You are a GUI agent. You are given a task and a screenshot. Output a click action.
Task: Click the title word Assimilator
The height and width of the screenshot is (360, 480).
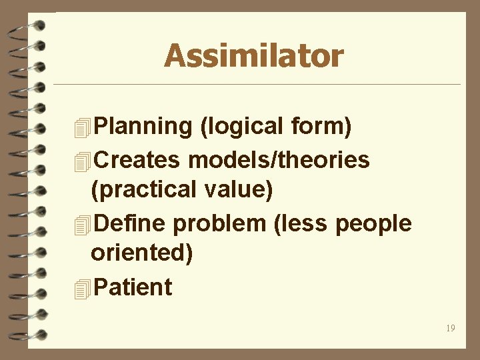click(x=253, y=55)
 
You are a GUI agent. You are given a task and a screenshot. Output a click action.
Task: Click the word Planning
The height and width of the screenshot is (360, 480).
click(x=143, y=126)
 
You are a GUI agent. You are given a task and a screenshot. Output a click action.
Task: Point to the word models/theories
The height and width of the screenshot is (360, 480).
click(x=279, y=160)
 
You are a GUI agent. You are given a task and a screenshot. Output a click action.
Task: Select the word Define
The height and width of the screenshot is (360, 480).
click(x=131, y=223)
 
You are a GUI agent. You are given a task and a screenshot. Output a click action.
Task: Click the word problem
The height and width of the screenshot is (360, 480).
click(x=219, y=223)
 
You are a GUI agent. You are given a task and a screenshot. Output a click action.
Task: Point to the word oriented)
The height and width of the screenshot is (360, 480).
click(x=141, y=254)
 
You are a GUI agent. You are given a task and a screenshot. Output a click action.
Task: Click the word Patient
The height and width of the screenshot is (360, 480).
click(x=133, y=287)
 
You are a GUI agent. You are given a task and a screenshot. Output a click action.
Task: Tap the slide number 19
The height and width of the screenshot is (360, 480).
click(x=451, y=328)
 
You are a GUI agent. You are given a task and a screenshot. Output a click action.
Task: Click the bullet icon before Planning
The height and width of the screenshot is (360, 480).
click(x=82, y=127)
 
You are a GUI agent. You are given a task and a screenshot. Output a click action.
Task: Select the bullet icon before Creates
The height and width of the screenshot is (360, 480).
click(x=82, y=161)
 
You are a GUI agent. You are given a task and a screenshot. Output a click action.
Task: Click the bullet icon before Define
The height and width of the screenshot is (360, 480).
click(x=82, y=224)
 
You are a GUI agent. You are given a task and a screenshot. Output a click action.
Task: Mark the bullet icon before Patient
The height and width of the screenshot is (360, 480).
click(x=82, y=288)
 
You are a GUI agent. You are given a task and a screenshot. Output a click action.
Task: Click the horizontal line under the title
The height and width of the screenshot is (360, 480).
click(x=257, y=85)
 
